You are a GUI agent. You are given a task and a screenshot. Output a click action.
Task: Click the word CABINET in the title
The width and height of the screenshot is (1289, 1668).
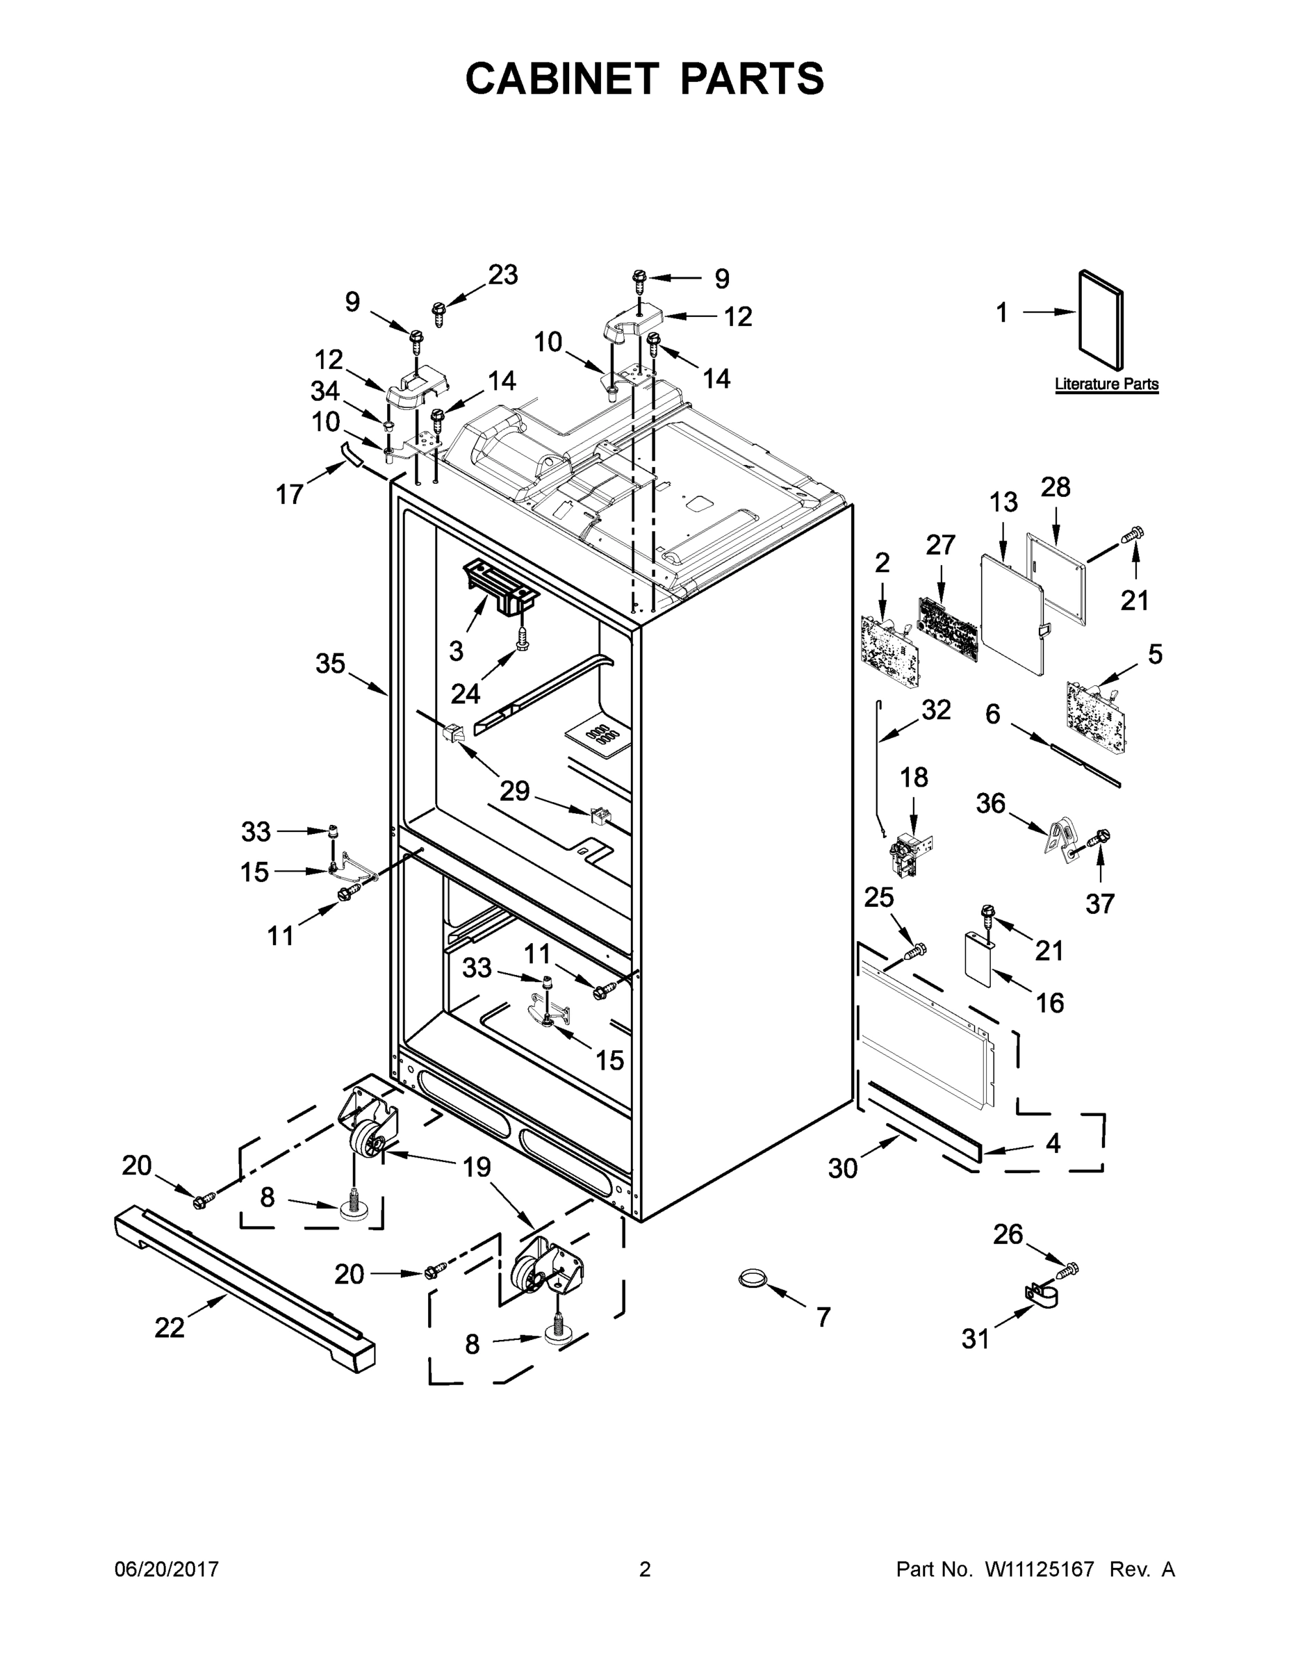(561, 78)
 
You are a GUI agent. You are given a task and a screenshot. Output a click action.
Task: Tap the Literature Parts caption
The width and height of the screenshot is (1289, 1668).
(1106, 384)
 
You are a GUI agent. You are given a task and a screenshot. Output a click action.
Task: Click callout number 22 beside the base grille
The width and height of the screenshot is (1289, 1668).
(170, 1327)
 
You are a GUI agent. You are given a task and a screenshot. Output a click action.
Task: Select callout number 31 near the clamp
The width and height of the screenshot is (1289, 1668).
(975, 1338)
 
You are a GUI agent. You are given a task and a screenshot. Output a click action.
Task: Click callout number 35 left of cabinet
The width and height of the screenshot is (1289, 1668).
(330, 664)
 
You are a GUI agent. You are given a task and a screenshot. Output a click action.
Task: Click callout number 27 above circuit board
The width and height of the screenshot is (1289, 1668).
(941, 545)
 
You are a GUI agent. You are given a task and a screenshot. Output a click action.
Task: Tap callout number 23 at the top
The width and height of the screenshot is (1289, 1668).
(502, 275)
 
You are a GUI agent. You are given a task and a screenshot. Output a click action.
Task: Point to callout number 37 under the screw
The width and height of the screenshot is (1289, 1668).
(1101, 903)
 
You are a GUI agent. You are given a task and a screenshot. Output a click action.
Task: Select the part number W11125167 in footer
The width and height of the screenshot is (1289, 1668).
(1040, 1569)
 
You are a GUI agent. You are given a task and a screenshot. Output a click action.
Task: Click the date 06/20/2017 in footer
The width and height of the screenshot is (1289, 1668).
(167, 1569)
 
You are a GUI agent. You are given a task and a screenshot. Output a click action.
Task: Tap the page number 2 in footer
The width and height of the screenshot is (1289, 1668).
(645, 1569)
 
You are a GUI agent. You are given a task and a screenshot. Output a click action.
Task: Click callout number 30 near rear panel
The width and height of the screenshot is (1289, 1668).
(843, 1168)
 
